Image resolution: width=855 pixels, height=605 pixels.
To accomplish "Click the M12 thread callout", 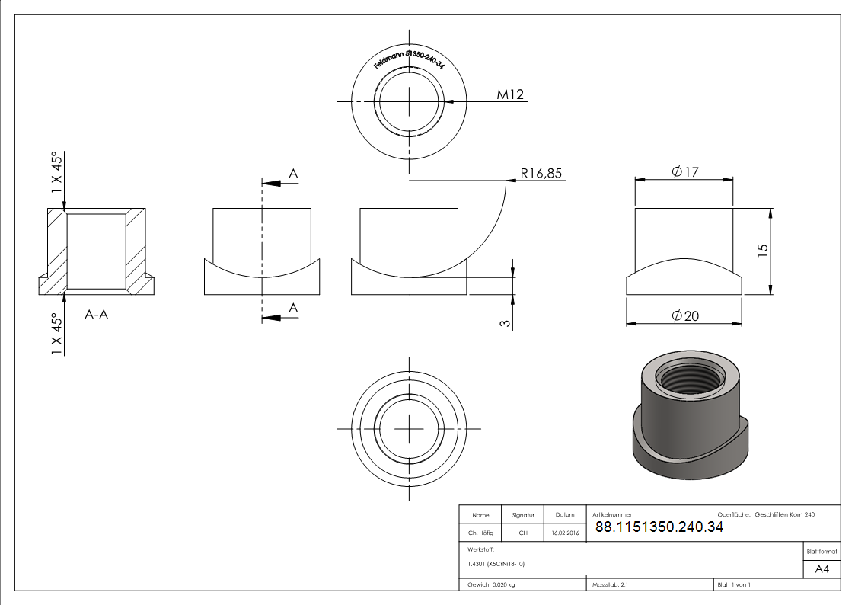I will pos(510,94).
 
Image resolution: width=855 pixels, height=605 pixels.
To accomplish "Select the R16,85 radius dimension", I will pos(541,174).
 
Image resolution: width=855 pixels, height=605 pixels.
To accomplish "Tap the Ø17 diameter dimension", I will pos(684,172).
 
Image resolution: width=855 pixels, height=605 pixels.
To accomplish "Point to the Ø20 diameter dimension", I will pos(684,315).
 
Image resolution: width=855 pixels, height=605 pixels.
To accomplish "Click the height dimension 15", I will pos(764,250).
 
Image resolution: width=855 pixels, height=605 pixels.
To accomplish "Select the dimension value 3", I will pos(504,323).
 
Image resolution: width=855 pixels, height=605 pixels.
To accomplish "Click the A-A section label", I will pos(96,314).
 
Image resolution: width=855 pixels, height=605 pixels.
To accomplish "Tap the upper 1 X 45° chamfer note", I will pos(56,174).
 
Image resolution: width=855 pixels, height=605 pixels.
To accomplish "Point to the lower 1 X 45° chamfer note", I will pos(56,333).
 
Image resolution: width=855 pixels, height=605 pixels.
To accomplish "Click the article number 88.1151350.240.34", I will pos(659,527).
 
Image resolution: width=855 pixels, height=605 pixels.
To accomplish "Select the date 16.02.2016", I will pos(565,533).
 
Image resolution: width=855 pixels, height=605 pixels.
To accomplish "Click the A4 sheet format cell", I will pos(822,569).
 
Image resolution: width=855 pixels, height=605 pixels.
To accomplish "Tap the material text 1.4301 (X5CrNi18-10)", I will pos(496,564).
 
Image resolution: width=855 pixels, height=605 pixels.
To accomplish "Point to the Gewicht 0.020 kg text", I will pos(491,585).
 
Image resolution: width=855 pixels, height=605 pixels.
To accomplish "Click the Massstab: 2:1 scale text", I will pos(610,585).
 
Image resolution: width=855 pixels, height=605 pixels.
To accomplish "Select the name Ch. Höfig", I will pos(480,533).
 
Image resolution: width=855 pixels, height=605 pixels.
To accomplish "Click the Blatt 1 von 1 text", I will pos(734,585).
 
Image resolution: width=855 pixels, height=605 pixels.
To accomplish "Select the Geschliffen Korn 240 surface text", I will pos(784,515).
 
